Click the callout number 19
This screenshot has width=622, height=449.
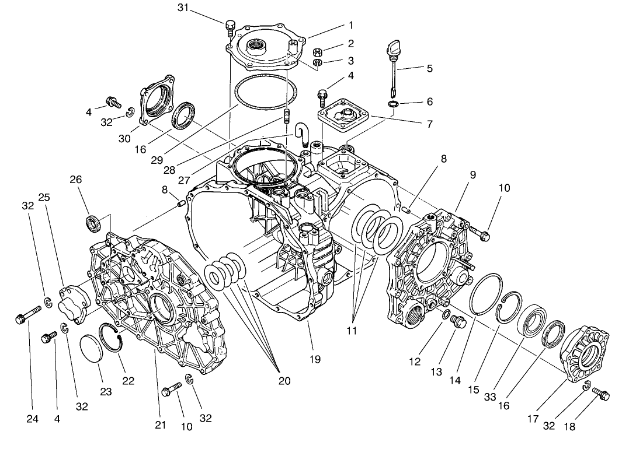[x=315, y=359]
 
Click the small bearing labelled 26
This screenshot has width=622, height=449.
[x=93, y=222]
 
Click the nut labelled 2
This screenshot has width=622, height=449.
[x=318, y=51]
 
